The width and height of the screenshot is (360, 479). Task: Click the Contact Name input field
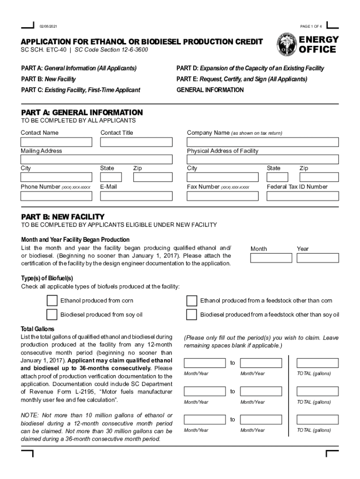56,142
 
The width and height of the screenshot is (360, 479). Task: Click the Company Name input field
263,142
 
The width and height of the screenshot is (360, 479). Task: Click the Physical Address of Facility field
263,160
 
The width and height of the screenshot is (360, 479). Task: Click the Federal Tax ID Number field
302,196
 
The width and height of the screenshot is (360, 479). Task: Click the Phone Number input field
56,196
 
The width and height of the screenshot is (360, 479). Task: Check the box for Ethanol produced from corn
52,300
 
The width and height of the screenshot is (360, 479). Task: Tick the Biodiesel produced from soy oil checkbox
52,314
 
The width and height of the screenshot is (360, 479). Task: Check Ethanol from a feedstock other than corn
192,300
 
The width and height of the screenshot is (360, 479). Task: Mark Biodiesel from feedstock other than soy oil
192,314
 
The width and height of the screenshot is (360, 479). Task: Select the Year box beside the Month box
317,258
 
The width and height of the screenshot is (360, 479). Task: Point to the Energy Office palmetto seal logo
285,44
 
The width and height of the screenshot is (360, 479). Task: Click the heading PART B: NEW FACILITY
63,217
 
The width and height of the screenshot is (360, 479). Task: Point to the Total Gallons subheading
37,329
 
